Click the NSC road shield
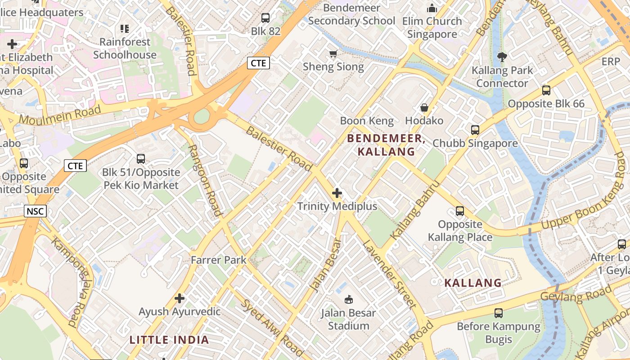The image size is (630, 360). point(35,211)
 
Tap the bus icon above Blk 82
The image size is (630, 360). point(265,18)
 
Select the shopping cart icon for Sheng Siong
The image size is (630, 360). point(333,54)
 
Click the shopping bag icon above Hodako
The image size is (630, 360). point(424,108)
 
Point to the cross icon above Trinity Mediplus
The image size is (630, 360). point(337,193)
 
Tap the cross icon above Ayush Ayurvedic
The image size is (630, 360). point(180,298)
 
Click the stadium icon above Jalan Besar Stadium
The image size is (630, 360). point(348,299)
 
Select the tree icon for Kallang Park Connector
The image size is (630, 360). point(502,57)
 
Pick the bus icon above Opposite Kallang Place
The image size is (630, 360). point(460,211)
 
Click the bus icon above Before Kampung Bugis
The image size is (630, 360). point(499,313)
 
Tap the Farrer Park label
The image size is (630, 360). point(219,260)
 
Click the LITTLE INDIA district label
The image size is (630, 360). point(169,340)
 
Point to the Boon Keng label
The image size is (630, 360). point(367,121)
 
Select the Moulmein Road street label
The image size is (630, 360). point(60,116)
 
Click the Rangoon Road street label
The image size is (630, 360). point(205,180)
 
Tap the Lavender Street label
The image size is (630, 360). point(390,274)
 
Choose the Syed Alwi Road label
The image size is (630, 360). point(272,327)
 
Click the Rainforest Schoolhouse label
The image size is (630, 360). point(125,48)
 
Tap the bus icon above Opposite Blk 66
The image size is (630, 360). point(546,90)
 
